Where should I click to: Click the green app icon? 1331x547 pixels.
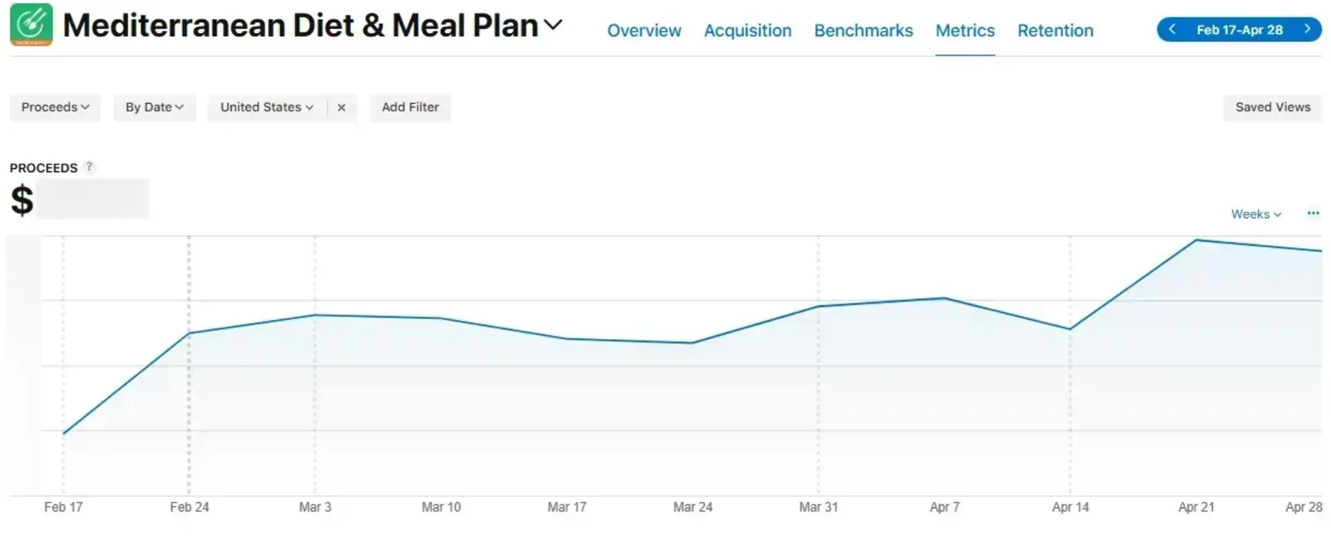tap(32, 24)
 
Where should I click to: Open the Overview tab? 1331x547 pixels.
tap(644, 30)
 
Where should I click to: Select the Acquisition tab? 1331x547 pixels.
tap(748, 30)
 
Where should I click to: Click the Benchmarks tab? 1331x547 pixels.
tap(863, 30)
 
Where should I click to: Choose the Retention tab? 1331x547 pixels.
tap(1056, 30)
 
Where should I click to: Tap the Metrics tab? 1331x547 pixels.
tap(965, 30)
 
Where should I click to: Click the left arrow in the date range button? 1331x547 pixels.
tap(1172, 29)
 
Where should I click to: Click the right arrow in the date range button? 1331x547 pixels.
tap(1307, 29)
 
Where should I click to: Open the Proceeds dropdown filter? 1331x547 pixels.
tap(55, 107)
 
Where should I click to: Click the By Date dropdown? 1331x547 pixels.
tap(155, 107)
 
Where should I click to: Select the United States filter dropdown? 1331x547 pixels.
tap(267, 107)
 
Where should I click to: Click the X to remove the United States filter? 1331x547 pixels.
tap(341, 107)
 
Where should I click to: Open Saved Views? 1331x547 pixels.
tap(1273, 107)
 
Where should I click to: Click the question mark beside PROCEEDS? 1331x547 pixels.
tap(89, 167)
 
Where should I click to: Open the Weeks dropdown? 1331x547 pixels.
tap(1256, 214)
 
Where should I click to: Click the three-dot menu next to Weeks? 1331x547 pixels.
tap(1314, 213)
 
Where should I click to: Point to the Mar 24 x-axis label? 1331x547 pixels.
tap(693, 507)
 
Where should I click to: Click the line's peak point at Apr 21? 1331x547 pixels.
tap(1196, 240)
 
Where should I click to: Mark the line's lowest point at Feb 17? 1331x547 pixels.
tap(63, 433)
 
